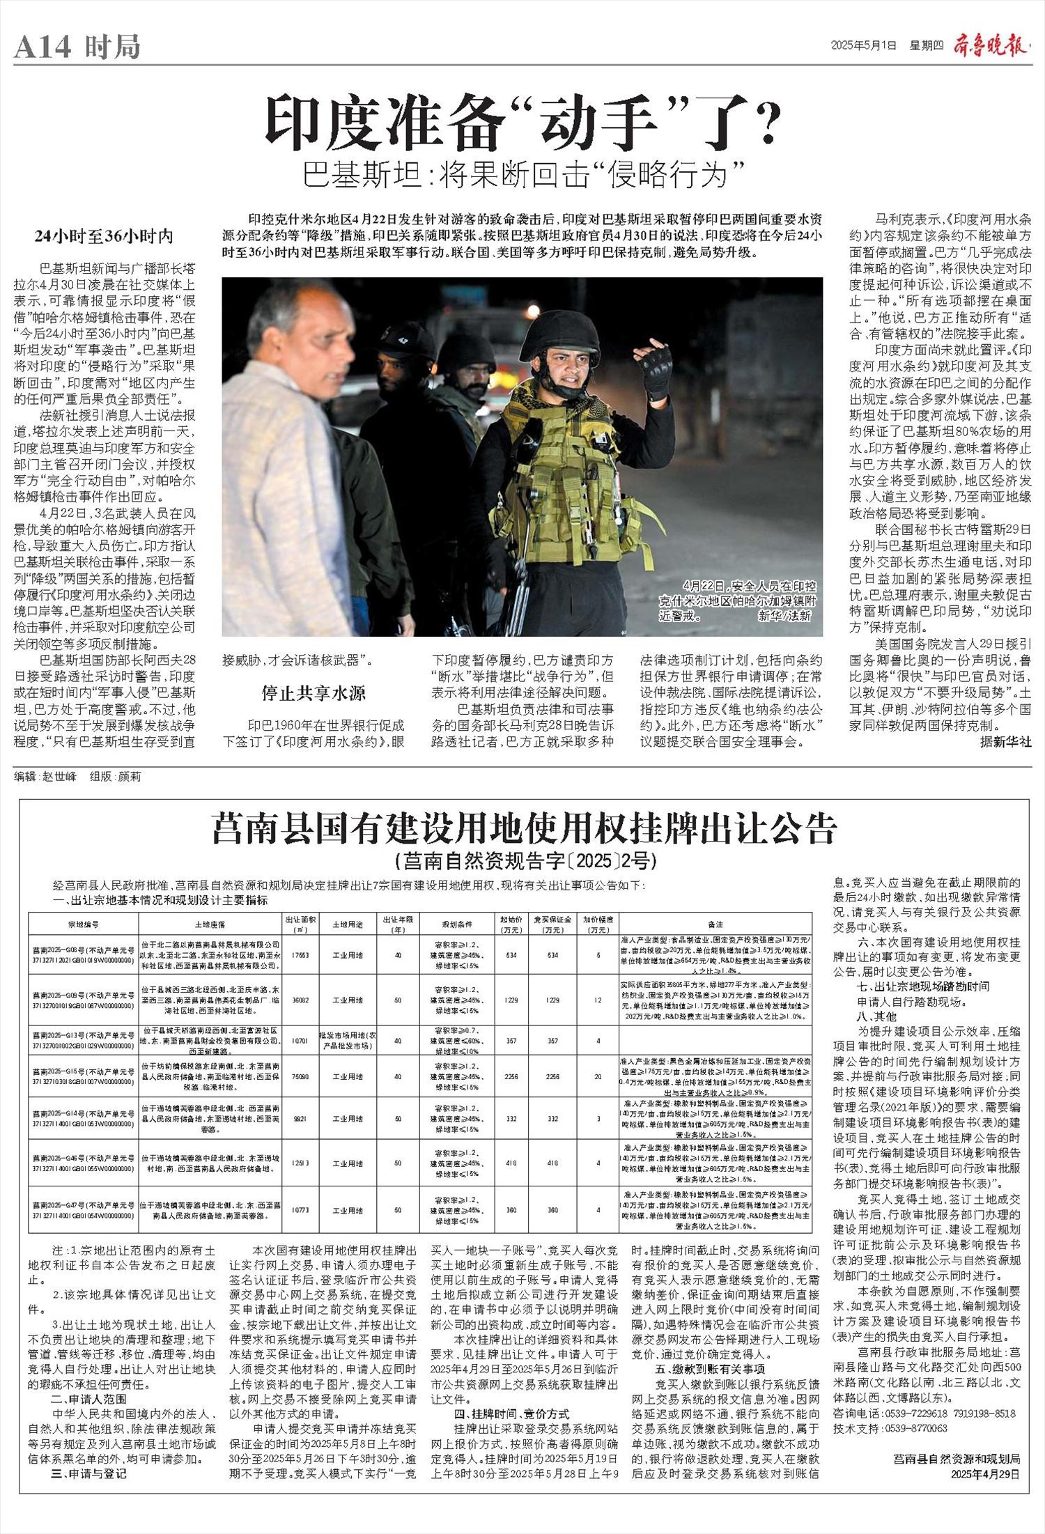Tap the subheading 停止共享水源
313,692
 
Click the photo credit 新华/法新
785,616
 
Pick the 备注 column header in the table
715,924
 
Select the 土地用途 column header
346,924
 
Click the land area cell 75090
300,1076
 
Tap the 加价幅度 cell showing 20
598,1076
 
